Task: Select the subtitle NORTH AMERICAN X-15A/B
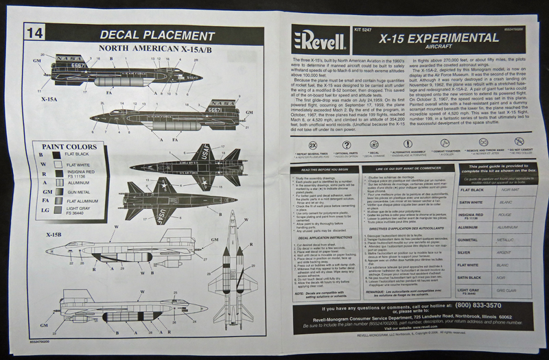tap(148, 49)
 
